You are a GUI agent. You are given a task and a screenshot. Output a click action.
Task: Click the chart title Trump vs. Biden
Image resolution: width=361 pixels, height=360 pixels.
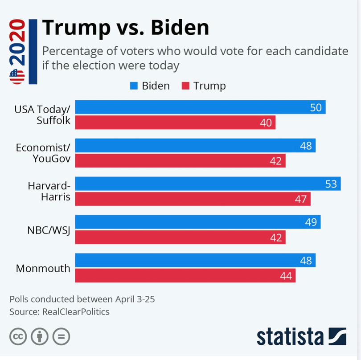(x=125, y=28)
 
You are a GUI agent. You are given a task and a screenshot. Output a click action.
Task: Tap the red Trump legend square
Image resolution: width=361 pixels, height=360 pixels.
(x=185, y=86)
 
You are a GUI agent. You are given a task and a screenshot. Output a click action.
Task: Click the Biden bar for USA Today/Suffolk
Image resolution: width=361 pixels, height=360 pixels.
(x=200, y=107)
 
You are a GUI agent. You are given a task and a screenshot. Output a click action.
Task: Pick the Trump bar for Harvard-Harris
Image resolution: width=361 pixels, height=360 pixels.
(x=193, y=199)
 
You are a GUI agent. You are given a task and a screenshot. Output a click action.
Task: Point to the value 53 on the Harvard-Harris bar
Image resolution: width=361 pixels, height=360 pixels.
(x=331, y=184)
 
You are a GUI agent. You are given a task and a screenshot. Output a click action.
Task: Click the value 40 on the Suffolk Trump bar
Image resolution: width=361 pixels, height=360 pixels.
(x=266, y=123)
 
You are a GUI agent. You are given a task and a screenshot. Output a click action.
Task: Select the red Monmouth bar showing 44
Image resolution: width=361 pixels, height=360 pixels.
(x=185, y=276)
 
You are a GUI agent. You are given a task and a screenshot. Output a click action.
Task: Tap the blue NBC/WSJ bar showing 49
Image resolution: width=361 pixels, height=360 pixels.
(x=197, y=222)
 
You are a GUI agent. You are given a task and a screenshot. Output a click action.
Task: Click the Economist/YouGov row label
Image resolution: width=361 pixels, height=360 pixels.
(x=43, y=153)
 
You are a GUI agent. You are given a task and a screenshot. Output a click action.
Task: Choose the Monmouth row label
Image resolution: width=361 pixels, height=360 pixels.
(x=43, y=268)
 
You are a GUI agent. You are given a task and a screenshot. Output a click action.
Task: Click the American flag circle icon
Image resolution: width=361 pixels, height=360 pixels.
(x=17, y=76)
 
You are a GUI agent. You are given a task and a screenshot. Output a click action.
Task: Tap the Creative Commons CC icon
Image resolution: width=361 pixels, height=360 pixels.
(x=18, y=336)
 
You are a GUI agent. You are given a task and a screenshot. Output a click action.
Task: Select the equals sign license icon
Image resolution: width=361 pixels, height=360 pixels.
(x=61, y=336)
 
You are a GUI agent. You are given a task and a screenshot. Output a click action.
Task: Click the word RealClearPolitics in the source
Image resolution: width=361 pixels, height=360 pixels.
(x=76, y=312)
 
